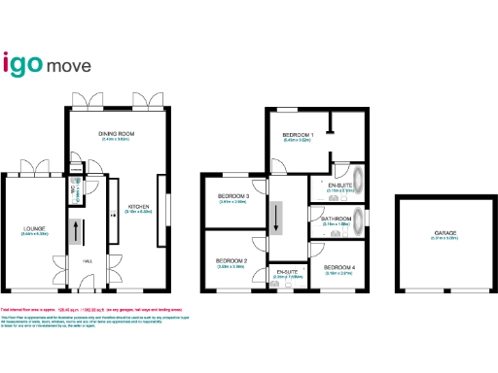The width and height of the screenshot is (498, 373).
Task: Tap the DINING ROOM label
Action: [x=116, y=133]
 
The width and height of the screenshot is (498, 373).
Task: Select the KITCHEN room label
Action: [x=137, y=206]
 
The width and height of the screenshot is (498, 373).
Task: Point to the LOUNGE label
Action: [x=35, y=229]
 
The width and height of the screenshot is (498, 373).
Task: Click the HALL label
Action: [x=87, y=260]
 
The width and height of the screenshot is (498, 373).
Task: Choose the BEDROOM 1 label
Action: [x=298, y=134]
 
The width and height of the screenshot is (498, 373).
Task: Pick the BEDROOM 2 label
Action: [x=231, y=261]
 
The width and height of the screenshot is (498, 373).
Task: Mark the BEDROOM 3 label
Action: [x=233, y=197]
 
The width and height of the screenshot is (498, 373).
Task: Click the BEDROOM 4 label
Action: [x=338, y=266]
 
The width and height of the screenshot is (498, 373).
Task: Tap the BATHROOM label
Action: [x=337, y=219]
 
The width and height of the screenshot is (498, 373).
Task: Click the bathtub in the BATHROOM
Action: [x=359, y=219]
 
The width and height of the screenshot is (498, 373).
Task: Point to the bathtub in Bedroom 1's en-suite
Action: [x=359, y=182]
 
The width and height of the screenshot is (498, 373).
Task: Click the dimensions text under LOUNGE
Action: [x=35, y=235]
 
